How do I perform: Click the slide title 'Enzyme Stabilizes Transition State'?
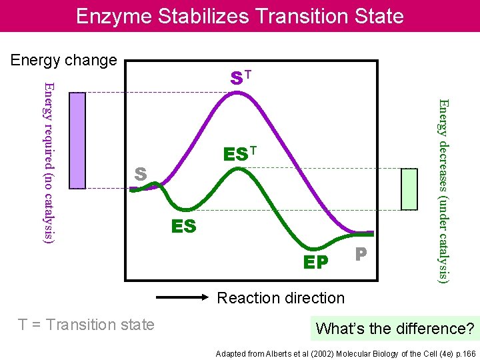[239, 16]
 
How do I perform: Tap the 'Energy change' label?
[63, 60]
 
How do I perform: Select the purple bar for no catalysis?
[77, 140]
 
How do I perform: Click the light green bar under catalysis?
[409, 189]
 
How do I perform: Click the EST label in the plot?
[239, 154]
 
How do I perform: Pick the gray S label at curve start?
[140, 175]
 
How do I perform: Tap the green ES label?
[183, 227]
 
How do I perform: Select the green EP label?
[315, 263]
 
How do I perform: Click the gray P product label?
[361, 254]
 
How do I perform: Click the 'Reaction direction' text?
[281, 298]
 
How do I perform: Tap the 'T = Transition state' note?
[86, 325]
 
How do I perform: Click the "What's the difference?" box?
[395, 329]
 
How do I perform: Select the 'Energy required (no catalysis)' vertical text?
[49, 161]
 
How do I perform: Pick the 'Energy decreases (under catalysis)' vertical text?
[443, 190]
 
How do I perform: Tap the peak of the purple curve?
[239, 93]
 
